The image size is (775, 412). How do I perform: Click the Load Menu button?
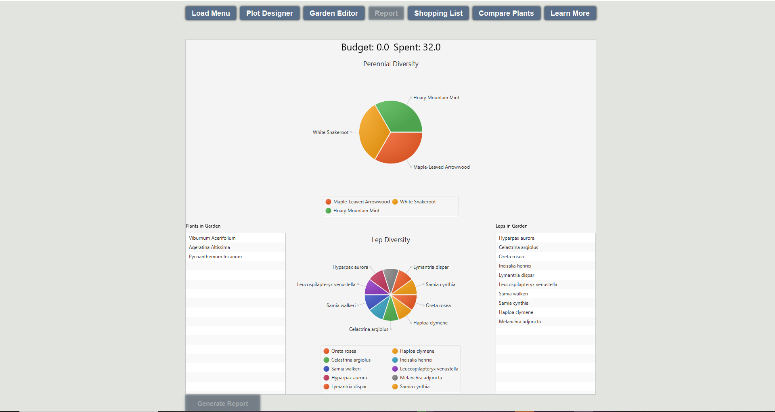tap(211, 13)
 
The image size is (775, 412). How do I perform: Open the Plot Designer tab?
tap(270, 13)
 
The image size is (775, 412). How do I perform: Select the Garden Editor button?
tap(334, 13)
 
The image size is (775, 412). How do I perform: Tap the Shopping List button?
tap(438, 13)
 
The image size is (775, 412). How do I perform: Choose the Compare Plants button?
tap(506, 13)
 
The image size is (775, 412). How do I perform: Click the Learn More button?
tap(570, 13)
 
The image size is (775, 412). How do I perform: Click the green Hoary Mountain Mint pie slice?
tap(400, 117)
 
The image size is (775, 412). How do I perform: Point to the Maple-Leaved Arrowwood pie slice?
tap(400, 147)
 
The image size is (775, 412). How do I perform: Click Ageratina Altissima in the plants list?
tap(209, 247)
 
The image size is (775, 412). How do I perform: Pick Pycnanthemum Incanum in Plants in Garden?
tap(215, 257)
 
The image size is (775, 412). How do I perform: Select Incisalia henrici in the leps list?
tap(515, 266)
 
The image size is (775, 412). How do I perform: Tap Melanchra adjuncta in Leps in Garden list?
tap(520, 322)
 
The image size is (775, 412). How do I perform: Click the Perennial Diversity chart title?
tap(391, 64)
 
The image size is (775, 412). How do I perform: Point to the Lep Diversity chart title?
tap(391, 240)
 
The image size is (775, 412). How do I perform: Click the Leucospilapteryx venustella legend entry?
tap(429, 369)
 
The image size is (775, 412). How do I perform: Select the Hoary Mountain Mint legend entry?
tap(356, 211)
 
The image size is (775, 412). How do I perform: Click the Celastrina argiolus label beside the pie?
tap(369, 329)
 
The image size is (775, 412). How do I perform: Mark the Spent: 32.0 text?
tap(417, 47)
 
